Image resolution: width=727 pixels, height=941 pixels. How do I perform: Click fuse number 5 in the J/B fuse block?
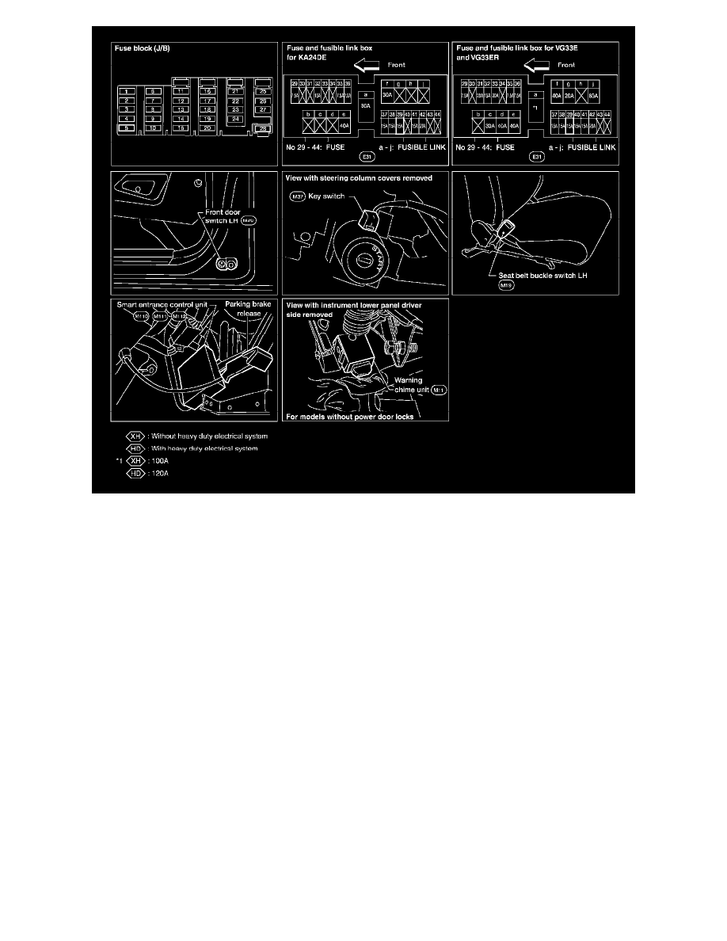point(127,127)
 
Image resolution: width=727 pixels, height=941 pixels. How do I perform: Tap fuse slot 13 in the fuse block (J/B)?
point(181,109)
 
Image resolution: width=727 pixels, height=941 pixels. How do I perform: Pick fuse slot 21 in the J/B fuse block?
point(235,92)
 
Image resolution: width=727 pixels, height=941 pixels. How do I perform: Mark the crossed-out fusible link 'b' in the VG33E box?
point(478,124)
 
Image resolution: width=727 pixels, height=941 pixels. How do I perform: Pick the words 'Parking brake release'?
point(247,308)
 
